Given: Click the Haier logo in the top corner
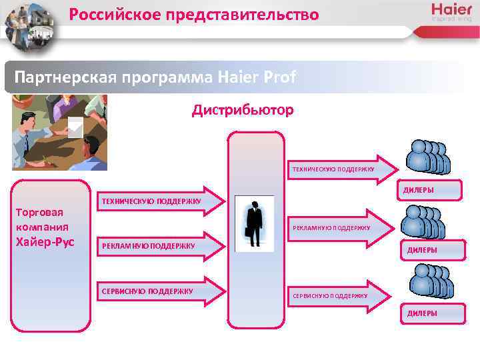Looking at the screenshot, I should coord(451,12).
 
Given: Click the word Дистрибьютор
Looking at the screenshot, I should coord(243,110).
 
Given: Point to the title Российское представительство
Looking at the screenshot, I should coord(194,14).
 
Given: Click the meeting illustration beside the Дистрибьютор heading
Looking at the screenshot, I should coord(59,133).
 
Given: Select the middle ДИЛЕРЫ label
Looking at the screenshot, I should coord(422,251).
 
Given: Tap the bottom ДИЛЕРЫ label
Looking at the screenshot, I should coord(422,313).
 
